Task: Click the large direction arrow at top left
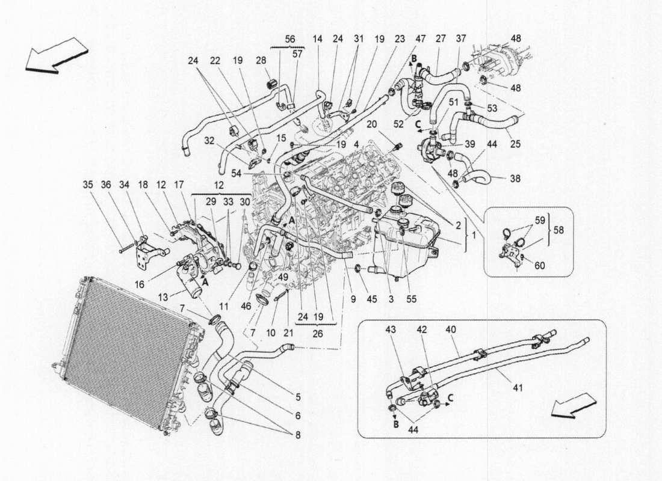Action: point(56,55)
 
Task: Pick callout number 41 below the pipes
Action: point(518,388)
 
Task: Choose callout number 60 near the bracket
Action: point(539,265)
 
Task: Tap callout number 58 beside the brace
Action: point(559,230)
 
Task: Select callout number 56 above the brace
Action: point(289,38)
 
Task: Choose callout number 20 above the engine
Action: point(372,124)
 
